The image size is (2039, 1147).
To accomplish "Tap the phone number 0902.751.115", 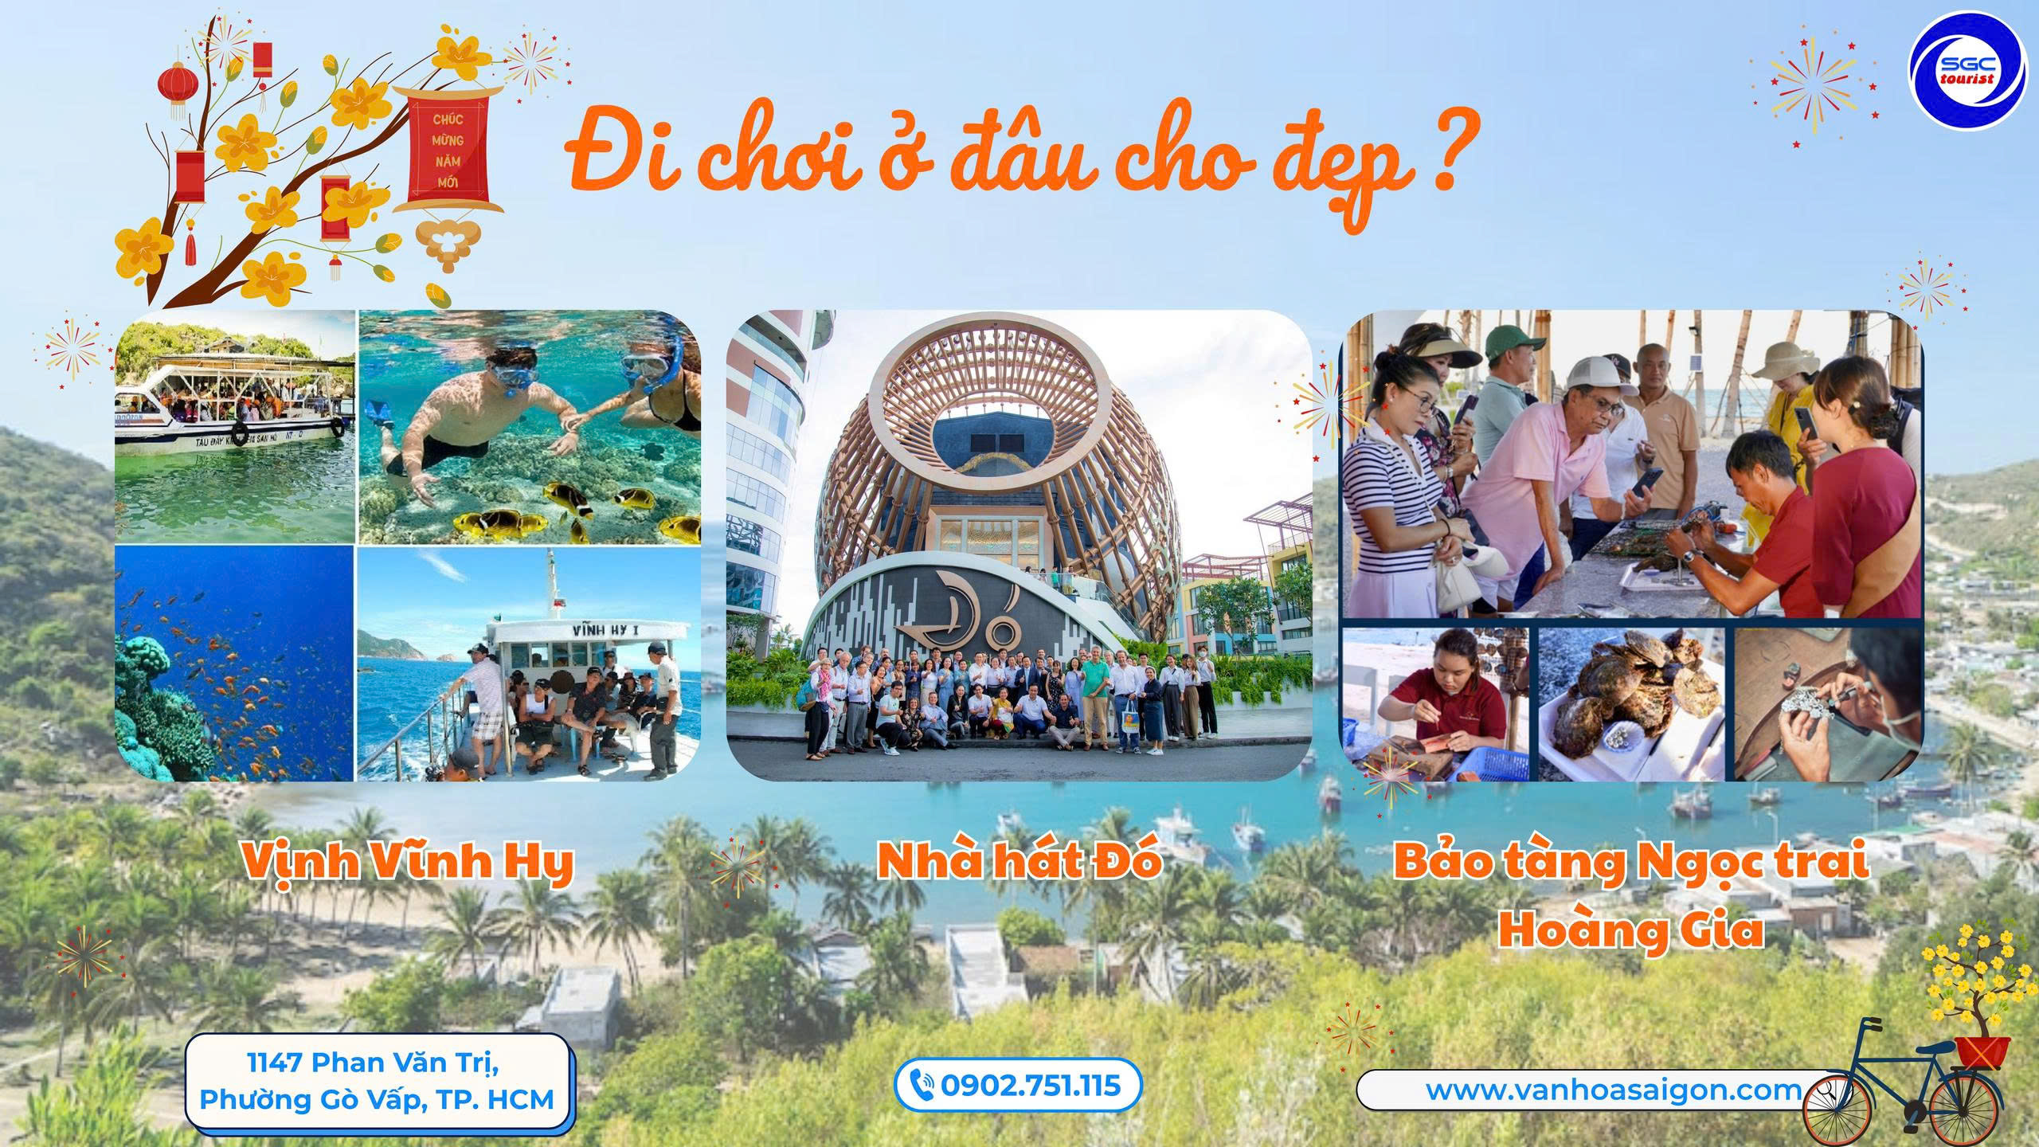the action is tap(1030, 1085).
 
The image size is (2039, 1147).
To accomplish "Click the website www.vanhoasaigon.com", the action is tap(1614, 1090).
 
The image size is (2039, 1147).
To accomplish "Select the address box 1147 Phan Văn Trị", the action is tap(379, 1081).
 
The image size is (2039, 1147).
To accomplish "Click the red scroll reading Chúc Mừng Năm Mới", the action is tap(450, 157).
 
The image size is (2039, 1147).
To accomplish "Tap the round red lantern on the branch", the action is tap(178, 82).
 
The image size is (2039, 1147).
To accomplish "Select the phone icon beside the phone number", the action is tap(922, 1086).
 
